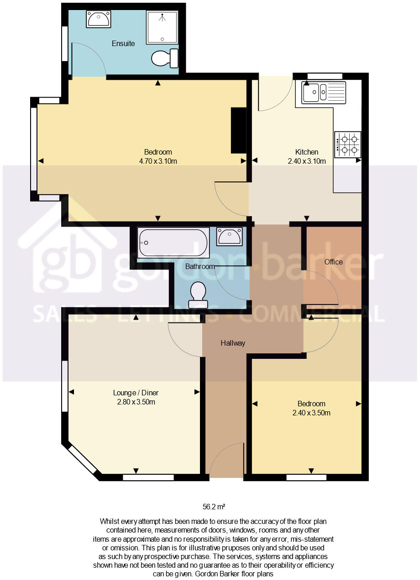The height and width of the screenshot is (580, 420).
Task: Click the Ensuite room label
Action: click(x=123, y=44)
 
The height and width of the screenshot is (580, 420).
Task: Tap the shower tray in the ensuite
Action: click(x=162, y=28)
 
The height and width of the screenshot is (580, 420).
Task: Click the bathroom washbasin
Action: click(x=229, y=236)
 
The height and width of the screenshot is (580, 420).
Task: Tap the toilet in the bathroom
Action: click(x=198, y=295)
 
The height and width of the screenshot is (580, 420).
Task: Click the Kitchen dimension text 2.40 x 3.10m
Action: click(x=306, y=161)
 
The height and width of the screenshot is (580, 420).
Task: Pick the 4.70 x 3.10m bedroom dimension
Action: click(x=158, y=161)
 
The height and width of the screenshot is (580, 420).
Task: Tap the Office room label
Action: click(x=333, y=262)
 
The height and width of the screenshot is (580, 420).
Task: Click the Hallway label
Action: click(x=233, y=343)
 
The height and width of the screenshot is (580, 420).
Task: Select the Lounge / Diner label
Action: click(x=136, y=393)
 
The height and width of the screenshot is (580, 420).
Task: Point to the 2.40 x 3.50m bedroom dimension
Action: click(x=311, y=413)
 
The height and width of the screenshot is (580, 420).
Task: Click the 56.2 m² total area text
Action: click(x=214, y=507)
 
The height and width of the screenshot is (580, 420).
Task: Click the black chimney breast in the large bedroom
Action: click(x=238, y=130)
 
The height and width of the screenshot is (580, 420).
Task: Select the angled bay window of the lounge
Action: click(x=82, y=461)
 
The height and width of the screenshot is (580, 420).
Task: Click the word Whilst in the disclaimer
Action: click(x=109, y=521)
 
